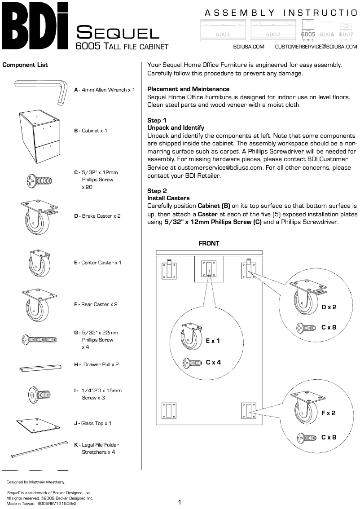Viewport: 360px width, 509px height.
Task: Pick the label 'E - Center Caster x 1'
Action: [x=97, y=263]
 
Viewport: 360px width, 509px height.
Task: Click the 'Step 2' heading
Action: [x=157, y=191]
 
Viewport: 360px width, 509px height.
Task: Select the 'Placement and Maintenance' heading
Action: [x=188, y=89]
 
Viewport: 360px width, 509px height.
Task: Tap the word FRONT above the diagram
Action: [x=209, y=243]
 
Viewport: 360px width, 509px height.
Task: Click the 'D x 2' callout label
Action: [x=329, y=307]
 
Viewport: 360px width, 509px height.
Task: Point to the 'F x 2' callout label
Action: [x=329, y=413]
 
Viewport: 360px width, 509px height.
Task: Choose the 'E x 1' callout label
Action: [x=213, y=341]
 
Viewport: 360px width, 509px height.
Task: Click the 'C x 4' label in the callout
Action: [x=213, y=362]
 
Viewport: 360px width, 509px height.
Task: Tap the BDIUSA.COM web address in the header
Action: [x=249, y=46]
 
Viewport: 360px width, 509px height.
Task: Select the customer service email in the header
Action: [x=316, y=46]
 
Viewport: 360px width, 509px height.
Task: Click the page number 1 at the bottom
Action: [x=180, y=502]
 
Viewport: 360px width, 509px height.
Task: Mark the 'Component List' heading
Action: [x=25, y=65]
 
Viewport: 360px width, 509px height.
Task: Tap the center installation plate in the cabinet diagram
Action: [x=209, y=269]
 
